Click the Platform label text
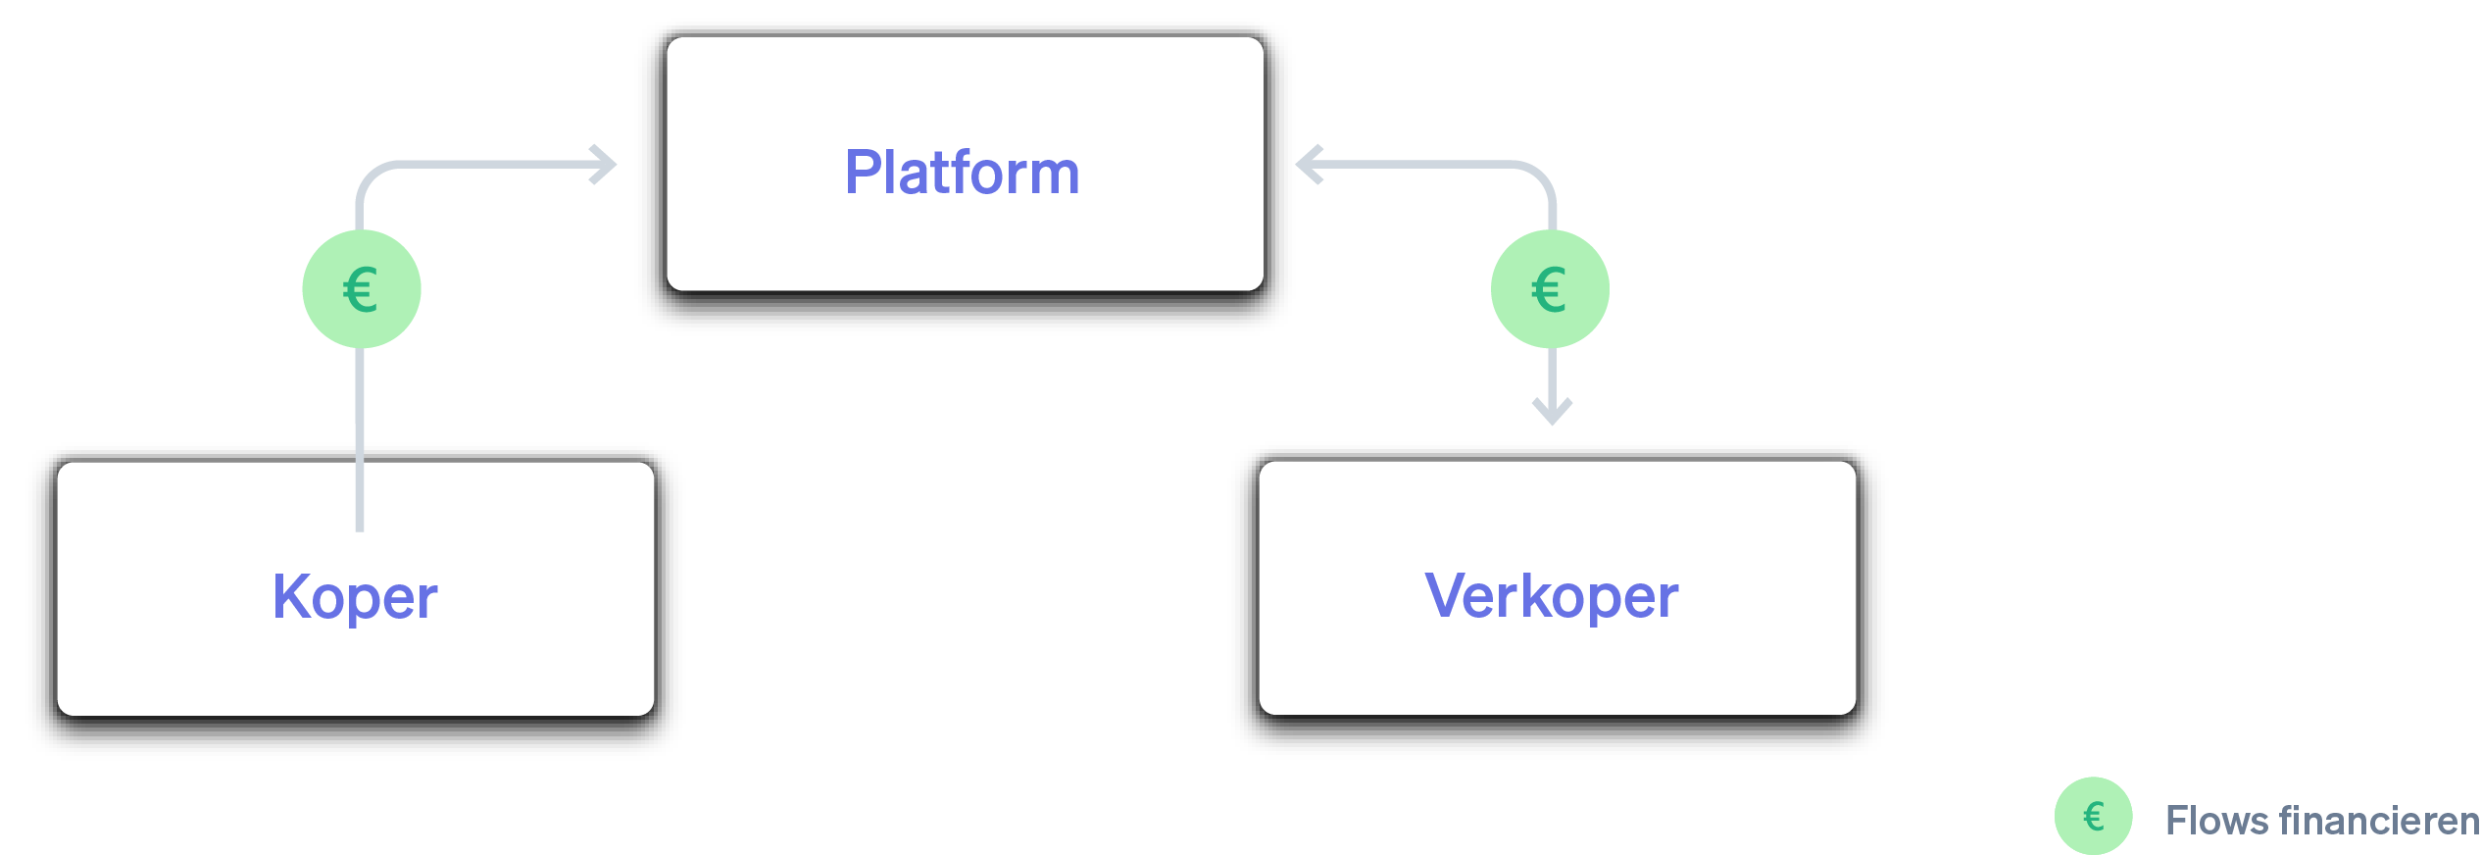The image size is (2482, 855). point(962,173)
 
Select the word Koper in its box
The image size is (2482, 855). point(355,597)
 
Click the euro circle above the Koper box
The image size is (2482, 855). point(362,289)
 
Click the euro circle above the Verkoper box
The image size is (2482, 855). point(1550,289)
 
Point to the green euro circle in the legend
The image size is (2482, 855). point(2093,816)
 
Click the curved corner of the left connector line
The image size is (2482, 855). point(371,176)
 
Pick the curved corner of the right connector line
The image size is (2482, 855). point(1540,176)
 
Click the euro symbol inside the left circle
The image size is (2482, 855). point(361,290)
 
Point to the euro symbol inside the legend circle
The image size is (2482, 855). point(2093,816)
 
